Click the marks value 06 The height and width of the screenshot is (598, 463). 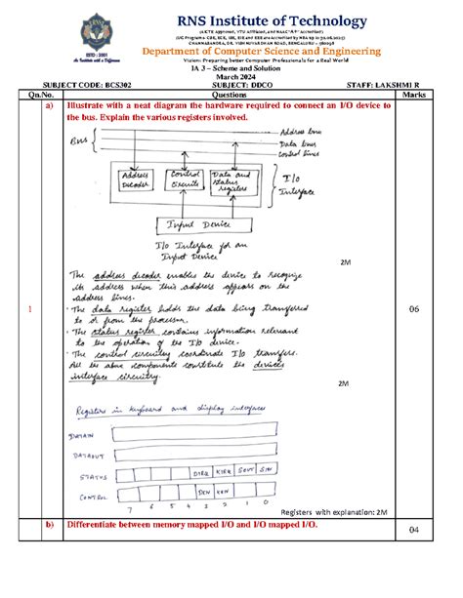click(412, 309)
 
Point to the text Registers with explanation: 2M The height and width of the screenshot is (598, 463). click(333, 511)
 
